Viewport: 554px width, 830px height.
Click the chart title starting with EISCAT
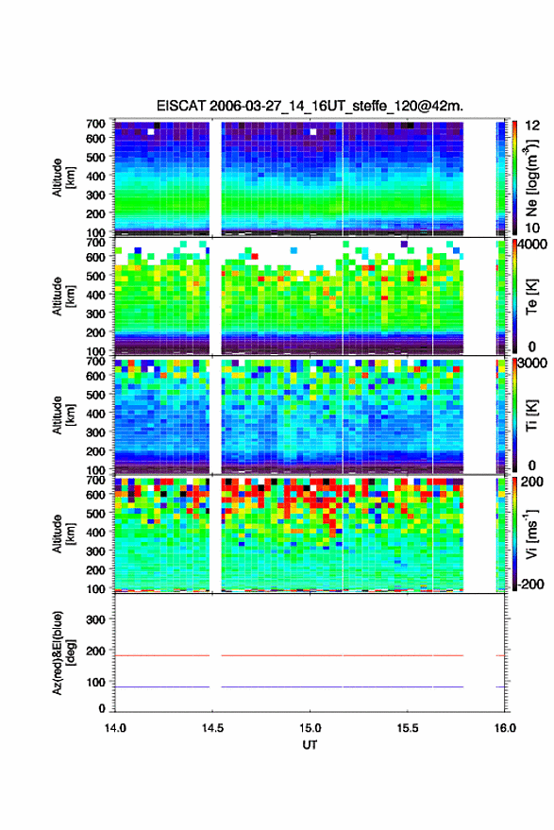tap(310, 106)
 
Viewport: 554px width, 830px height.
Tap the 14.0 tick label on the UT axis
tap(115, 728)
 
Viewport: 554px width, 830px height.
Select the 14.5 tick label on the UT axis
tap(212, 728)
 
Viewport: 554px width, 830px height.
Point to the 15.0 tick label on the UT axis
tap(311, 728)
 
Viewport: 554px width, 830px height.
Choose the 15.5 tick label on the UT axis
tap(408, 728)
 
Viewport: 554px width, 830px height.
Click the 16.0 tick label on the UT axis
tap(505, 728)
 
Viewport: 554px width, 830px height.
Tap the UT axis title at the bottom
tap(310, 745)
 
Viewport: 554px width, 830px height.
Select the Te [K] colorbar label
tap(531, 296)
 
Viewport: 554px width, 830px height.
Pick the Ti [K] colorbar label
tap(531, 415)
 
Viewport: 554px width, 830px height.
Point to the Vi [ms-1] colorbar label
tap(531, 534)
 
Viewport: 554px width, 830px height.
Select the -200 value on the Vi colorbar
tap(531, 584)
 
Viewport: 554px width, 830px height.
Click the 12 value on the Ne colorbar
tap(532, 126)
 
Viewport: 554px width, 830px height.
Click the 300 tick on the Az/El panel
tap(96, 619)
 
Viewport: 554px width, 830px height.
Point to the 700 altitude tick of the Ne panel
tap(96, 124)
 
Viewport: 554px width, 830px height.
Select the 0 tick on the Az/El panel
tap(102, 708)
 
